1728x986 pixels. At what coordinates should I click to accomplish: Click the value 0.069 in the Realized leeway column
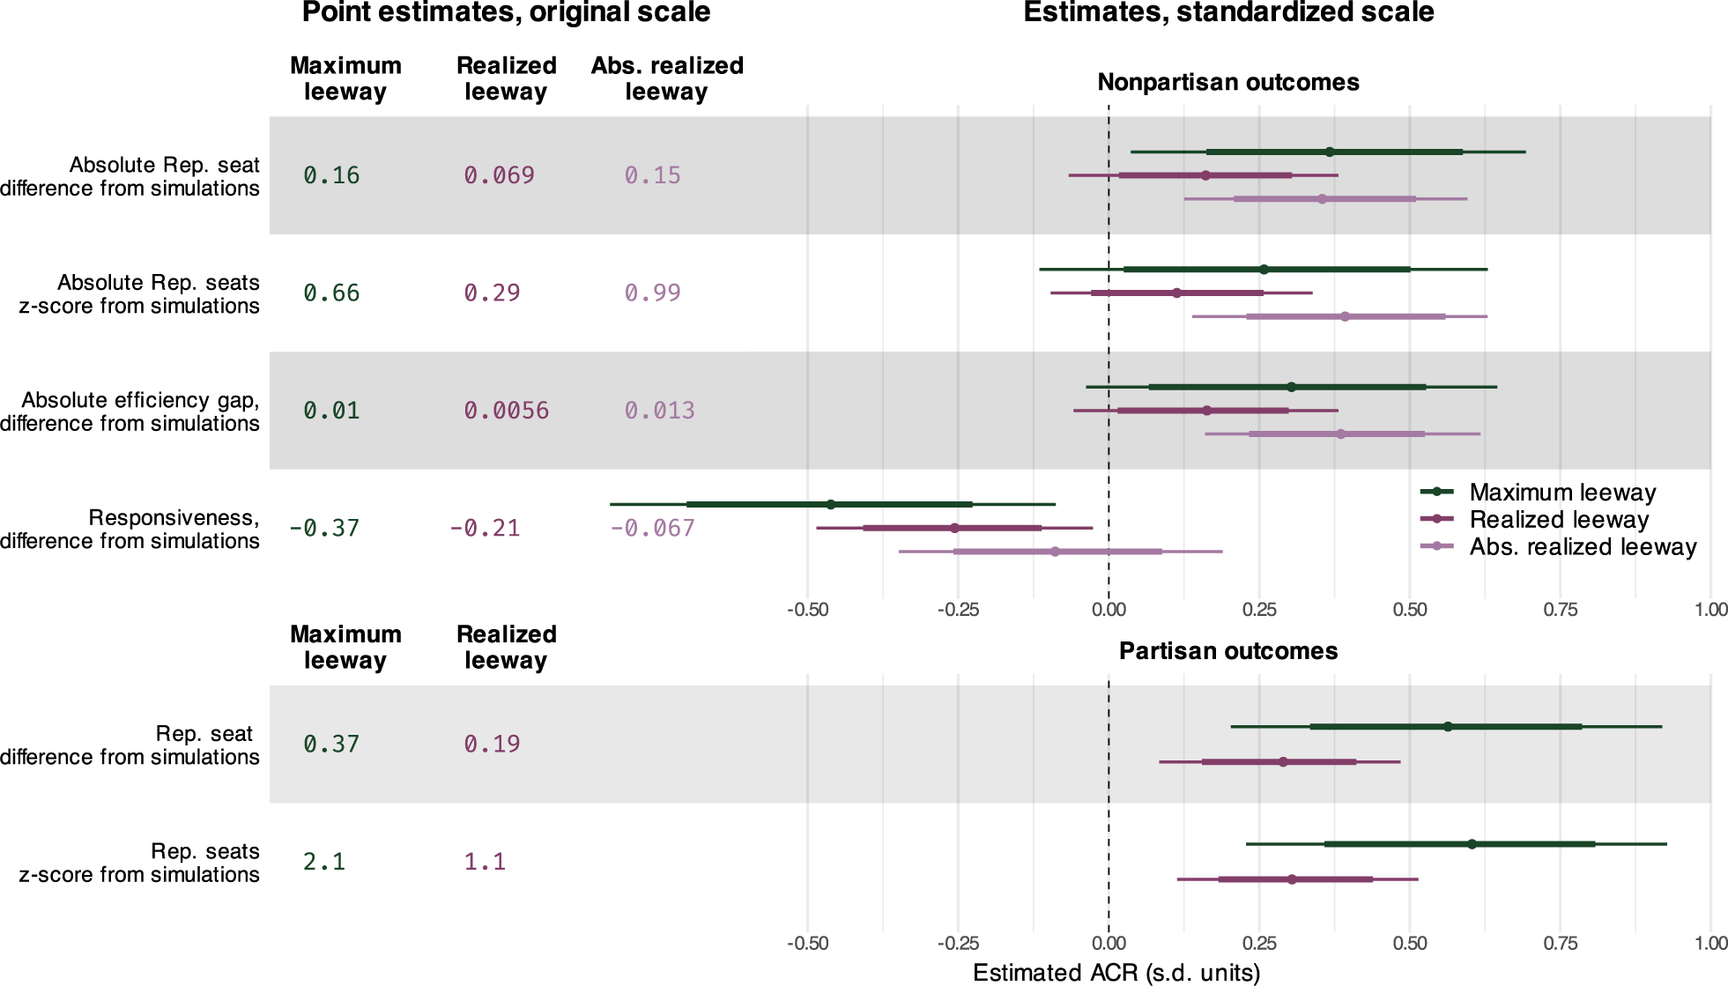[499, 175]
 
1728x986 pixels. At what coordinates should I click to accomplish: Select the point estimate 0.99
[652, 293]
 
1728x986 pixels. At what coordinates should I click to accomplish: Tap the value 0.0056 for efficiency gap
[506, 411]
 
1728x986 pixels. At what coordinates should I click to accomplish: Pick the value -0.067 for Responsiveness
[652, 528]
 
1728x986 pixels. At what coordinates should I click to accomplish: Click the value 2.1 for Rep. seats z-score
[324, 862]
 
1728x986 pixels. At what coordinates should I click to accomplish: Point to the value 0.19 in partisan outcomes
[492, 744]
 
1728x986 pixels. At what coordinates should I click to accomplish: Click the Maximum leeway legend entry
[1538, 492]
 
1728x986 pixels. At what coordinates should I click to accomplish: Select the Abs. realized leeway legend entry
[1558, 546]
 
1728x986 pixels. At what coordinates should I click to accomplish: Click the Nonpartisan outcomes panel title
[1228, 82]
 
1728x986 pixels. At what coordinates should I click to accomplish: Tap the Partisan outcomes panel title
[1228, 651]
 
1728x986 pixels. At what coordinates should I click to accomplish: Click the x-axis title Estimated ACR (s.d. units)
[1116, 973]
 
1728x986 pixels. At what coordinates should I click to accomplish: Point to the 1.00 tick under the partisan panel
[1710, 943]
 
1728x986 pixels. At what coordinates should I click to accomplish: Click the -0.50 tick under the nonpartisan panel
[807, 610]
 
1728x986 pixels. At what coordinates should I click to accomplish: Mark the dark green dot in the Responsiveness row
[831, 505]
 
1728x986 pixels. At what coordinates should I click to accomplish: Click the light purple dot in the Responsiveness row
[1055, 552]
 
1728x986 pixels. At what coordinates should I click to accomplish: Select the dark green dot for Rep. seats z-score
[1472, 844]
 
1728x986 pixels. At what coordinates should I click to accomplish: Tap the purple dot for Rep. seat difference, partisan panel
[1283, 762]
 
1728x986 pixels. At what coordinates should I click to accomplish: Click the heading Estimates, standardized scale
[1228, 12]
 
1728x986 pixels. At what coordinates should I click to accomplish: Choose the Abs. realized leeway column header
[667, 78]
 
